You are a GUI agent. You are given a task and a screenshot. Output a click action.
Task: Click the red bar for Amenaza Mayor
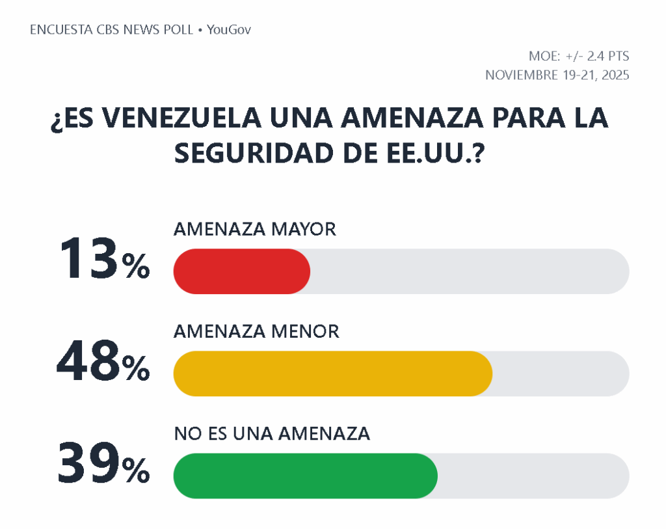coord(241,271)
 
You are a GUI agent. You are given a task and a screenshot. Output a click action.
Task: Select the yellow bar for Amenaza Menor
coord(332,373)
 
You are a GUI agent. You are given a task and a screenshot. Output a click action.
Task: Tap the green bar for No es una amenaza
coord(305,476)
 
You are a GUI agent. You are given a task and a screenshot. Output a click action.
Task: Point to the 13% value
coord(104,260)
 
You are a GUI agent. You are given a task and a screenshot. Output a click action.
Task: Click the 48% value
coord(103,363)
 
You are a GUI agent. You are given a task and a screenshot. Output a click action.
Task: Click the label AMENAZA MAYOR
coord(254,229)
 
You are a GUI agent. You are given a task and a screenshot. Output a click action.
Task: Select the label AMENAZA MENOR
coord(256,331)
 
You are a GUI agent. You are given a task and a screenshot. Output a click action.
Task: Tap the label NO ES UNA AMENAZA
coord(272,433)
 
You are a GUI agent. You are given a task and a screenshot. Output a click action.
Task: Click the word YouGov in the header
coord(229,30)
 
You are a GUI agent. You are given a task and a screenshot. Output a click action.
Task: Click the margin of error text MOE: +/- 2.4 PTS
coord(579,56)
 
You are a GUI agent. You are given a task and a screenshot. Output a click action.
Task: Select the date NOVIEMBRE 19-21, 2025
coord(557,75)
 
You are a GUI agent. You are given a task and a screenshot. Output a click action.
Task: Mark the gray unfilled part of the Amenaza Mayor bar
coord(468,271)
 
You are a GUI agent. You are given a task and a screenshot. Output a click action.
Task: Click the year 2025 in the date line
coord(615,75)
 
